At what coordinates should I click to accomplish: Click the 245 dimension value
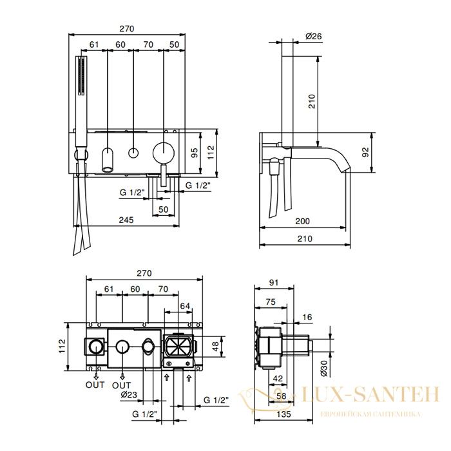point(126,220)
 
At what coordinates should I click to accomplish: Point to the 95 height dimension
point(195,153)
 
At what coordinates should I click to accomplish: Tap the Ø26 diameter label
point(314,36)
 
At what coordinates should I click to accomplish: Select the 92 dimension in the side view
point(365,152)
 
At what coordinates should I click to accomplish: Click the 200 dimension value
point(303,221)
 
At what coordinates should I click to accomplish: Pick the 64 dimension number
point(185,306)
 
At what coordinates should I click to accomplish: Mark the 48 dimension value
point(215,347)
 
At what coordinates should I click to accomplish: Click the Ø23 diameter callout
point(129,395)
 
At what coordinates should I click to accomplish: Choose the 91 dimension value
point(274,283)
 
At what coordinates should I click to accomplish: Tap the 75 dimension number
point(271,302)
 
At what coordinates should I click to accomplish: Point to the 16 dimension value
point(307,317)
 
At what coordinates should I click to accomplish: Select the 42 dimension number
point(278,379)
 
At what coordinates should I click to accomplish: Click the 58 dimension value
point(281,396)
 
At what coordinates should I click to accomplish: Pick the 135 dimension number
point(283,414)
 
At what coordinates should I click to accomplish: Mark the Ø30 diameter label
point(323,369)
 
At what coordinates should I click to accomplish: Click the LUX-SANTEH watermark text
point(370,394)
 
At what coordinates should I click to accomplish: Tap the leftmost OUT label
point(95,385)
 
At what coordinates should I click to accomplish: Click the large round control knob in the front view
point(164,153)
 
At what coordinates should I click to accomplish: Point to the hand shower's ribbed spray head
point(82,75)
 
